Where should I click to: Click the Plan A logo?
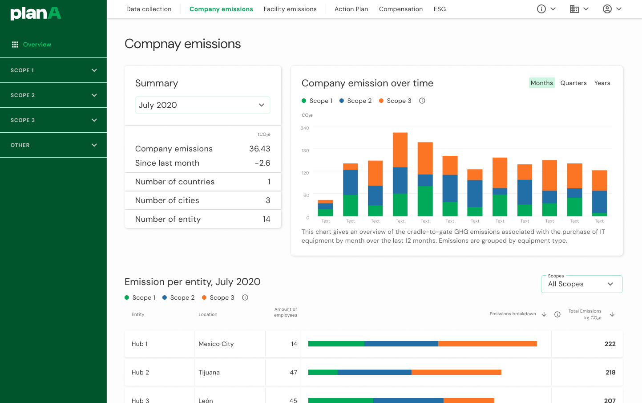coord(36,13)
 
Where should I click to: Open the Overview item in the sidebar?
coord(36,45)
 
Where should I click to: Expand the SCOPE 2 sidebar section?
coord(53,95)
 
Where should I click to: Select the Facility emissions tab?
coord(290,9)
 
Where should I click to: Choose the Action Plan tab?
coord(351,9)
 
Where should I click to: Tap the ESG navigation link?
coord(440,9)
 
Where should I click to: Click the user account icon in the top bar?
coord(607,9)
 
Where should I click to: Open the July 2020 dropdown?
coord(202,105)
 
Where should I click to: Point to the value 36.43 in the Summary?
coord(259,149)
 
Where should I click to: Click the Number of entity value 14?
coord(266,219)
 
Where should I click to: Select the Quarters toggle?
coord(573,83)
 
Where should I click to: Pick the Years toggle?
coord(602,83)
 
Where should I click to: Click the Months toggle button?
coord(541,83)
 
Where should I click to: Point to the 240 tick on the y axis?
coord(305,128)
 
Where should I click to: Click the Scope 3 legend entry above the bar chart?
coord(395,101)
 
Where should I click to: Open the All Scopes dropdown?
coord(581,284)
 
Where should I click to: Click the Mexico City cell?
coord(216,344)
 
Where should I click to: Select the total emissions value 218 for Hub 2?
coord(610,372)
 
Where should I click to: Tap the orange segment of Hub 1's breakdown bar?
coord(487,344)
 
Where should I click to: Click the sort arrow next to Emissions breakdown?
coord(544,314)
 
